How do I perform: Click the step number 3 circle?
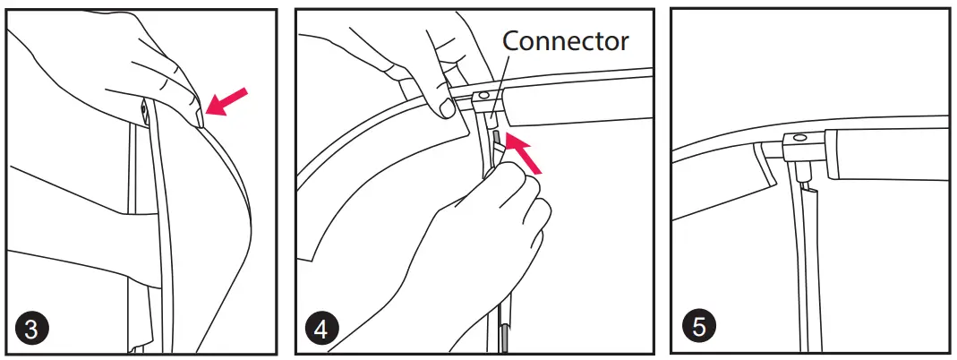click(x=31, y=328)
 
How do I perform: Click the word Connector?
click(x=566, y=40)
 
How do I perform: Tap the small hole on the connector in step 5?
click(x=799, y=140)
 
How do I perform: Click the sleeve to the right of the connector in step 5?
click(x=886, y=150)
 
